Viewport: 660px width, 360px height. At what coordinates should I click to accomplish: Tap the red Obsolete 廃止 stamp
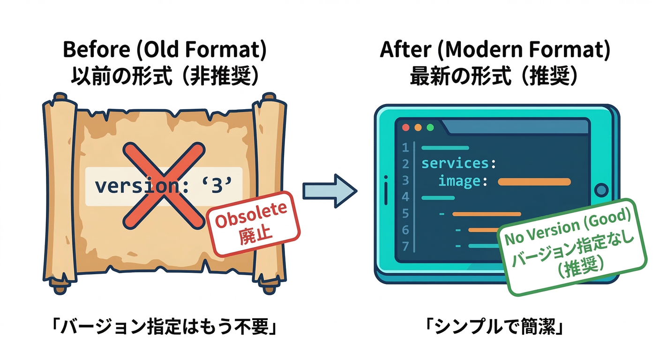(x=253, y=223)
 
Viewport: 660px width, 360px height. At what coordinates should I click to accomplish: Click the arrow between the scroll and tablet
(x=330, y=190)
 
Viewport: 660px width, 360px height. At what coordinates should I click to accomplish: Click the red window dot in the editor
(x=406, y=127)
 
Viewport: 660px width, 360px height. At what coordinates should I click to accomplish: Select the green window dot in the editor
(x=430, y=127)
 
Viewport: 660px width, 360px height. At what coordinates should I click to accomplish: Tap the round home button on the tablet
(x=600, y=190)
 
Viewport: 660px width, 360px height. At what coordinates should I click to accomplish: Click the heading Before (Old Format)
(x=164, y=51)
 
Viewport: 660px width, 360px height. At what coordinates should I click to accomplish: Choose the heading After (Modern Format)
(x=495, y=51)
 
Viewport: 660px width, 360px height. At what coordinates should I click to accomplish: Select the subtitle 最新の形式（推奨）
(x=494, y=76)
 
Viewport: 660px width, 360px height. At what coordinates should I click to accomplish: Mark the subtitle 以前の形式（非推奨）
(x=164, y=76)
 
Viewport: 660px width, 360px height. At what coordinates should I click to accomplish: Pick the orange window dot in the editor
(x=418, y=127)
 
